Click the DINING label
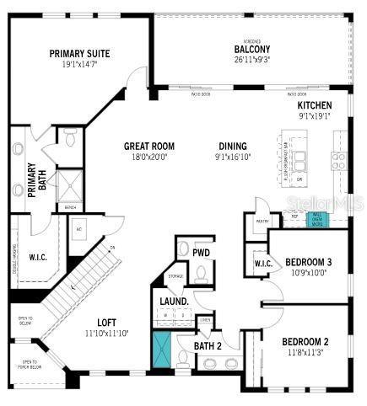click(233, 145)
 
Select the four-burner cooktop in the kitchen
click(338, 159)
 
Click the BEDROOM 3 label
click(308, 262)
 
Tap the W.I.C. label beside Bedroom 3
click(262, 264)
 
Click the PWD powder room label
click(202, 252)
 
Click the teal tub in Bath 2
click(160, 350)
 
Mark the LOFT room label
click(106, 322)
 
